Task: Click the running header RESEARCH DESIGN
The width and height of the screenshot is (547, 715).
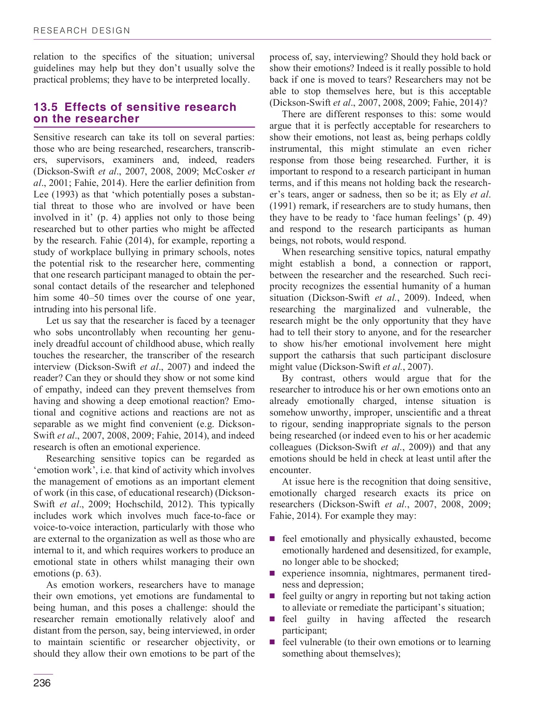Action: point(82,31)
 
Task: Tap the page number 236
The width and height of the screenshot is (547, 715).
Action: point(42,684)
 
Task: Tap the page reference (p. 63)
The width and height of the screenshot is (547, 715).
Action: point(86,574)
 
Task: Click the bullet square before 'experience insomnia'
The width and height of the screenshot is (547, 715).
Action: point(273,573)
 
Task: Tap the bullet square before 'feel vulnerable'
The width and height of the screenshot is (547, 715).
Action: point(273,642)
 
